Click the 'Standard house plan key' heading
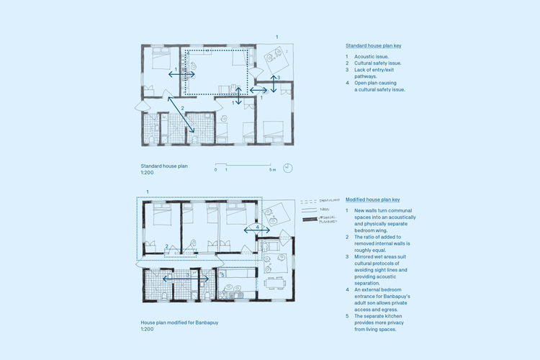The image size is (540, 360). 373,46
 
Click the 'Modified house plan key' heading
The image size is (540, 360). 372,199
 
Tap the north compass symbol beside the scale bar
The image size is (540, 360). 288,167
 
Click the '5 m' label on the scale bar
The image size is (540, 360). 272,170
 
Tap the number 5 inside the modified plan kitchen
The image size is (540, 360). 222,274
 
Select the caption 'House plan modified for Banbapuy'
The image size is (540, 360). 179,323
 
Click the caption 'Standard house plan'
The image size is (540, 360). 164,166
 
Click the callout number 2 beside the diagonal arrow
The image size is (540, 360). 183,108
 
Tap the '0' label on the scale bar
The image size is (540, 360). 216,170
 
